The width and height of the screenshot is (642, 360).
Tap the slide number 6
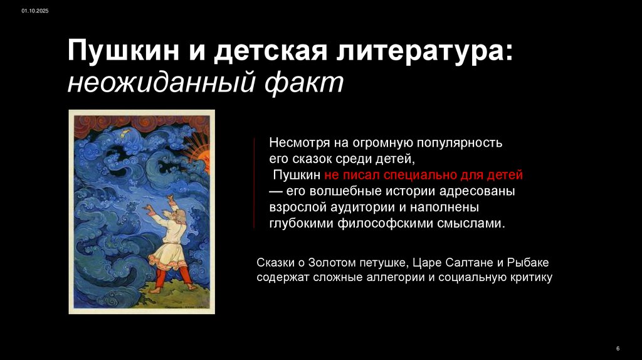click(x=618, y=348)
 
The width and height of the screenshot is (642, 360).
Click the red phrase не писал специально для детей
click(x=423, y=174)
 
